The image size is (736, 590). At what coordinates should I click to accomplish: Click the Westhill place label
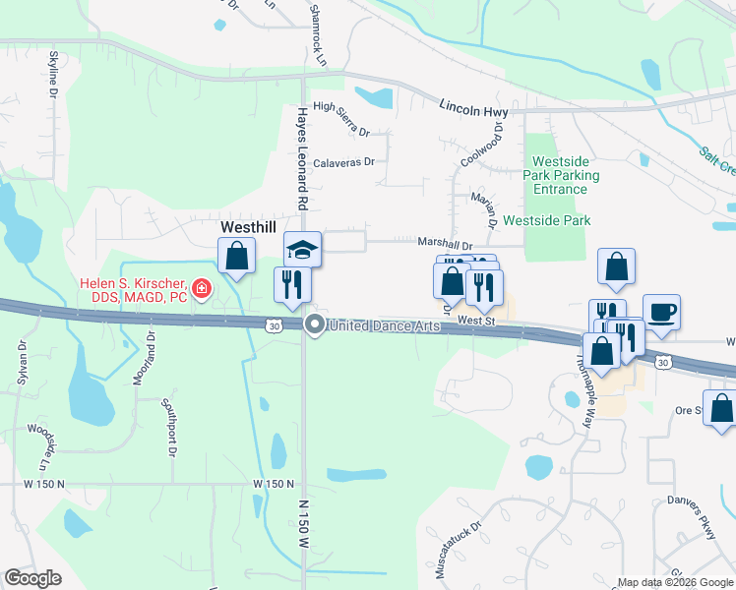coord(247,226)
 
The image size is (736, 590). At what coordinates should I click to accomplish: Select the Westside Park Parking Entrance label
coord(565,175)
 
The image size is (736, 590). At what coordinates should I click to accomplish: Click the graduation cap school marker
coord(302,249)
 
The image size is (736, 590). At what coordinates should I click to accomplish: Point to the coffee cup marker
coord(661,312)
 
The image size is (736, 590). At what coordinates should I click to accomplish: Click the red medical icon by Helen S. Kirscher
coord(202,288)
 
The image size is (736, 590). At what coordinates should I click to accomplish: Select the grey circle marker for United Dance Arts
coord(315,324)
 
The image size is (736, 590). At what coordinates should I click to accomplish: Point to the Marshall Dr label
coord(445,247)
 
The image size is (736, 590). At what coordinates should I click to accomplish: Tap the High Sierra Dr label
coord(340,132)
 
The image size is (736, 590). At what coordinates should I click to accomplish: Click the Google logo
coord(32,578)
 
